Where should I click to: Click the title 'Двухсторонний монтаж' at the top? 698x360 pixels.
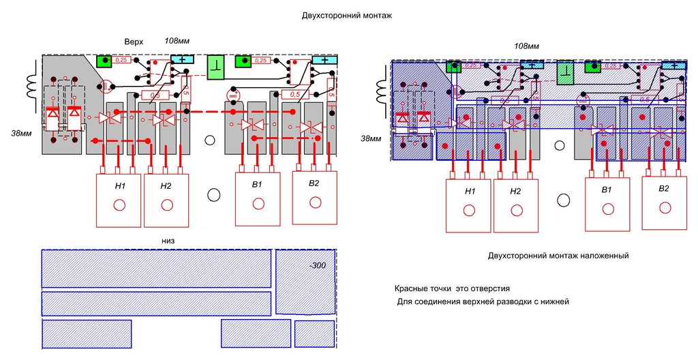(x=347, y=14)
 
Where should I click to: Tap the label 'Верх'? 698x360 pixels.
(x=134, y=42)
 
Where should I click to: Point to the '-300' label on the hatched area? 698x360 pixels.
(x=318, y=265)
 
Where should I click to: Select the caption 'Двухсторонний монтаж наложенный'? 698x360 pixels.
(x=558, y=256)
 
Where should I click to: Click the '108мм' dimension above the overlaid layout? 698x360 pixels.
(x=526, y=46)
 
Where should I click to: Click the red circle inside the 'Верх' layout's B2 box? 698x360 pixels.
(x=314, y=202)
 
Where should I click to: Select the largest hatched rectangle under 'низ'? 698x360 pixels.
(x=156, y=268)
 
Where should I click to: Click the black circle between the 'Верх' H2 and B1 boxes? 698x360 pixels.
(x=213, y=194)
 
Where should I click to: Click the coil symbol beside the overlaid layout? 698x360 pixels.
(x=380, y=89)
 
